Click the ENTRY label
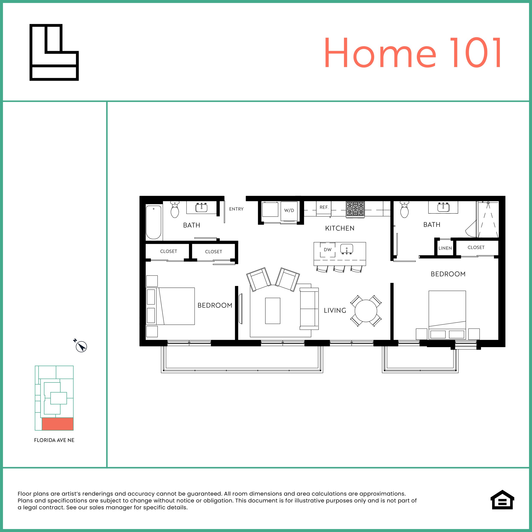tap(236, 209)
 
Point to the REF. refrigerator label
tap(324, 207)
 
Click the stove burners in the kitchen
tap(355, 209)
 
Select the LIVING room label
tap(335, 310)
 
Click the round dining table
tap(366, 311)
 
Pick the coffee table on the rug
tap(273, 311)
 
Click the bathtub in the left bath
tap(153, 222)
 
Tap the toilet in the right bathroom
tap(404, 210)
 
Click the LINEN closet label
tap(445, 248)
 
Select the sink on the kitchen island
tap(347, 249)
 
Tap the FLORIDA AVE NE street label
tap(54, 440)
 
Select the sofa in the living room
tap(309, 309)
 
